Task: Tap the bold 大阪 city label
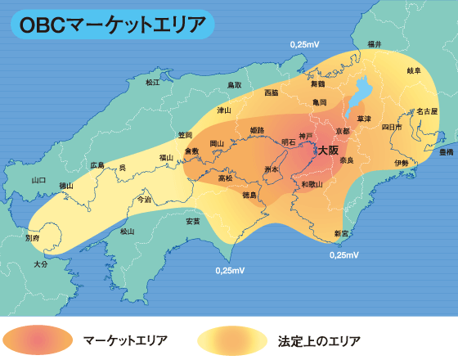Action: (328, 150)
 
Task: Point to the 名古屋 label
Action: (427, 110)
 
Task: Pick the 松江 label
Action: (152, 83)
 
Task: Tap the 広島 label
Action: (98, 164)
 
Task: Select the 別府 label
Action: (33, 238)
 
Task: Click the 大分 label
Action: (41, 264)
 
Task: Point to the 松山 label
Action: (127, 232)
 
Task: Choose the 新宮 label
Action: (341, 234)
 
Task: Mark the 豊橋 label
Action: (446, 152)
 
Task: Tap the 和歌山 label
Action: (312, 184)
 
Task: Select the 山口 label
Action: (38, 179)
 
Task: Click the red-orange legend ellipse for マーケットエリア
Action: (38, 338)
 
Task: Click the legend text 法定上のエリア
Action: (319, 339)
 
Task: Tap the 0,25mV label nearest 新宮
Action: (344, 255)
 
